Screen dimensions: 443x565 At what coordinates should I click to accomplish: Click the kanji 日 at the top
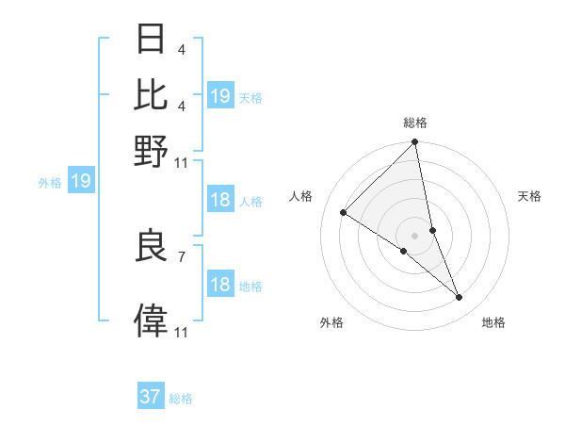151,39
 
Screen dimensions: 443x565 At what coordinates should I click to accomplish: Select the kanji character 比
151,94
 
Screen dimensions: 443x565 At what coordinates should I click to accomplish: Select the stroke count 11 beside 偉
181,332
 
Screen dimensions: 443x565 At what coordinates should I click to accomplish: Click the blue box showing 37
151,397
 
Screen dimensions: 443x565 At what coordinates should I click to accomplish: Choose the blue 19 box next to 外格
81,182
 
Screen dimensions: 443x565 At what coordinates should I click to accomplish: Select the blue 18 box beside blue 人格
220,200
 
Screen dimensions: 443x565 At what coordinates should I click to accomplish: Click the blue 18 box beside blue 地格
220,285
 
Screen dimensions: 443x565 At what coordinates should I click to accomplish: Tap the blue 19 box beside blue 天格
220,96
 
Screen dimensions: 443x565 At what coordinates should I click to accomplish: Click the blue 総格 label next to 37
181,399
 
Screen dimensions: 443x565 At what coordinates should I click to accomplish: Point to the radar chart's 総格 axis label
415,123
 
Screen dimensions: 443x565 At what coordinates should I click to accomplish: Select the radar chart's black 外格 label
331,323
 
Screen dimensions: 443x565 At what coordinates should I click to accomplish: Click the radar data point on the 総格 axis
415,142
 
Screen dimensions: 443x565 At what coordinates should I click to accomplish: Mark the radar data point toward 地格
460,298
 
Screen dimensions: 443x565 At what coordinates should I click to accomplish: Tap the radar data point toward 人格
344,212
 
